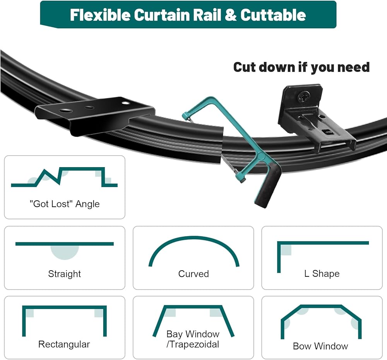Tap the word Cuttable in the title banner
[x=273, y=15]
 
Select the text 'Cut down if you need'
[x=301, y=67]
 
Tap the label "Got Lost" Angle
[x=65, y=204]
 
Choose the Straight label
[x=65, y=274]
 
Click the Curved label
[x=193, y=274]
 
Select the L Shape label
[x=322, y=274]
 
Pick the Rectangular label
[x=64, y=344]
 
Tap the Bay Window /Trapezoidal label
[x=193, y=339]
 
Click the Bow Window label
[x=320, y=346]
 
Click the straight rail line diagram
[x=65, y=244]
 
